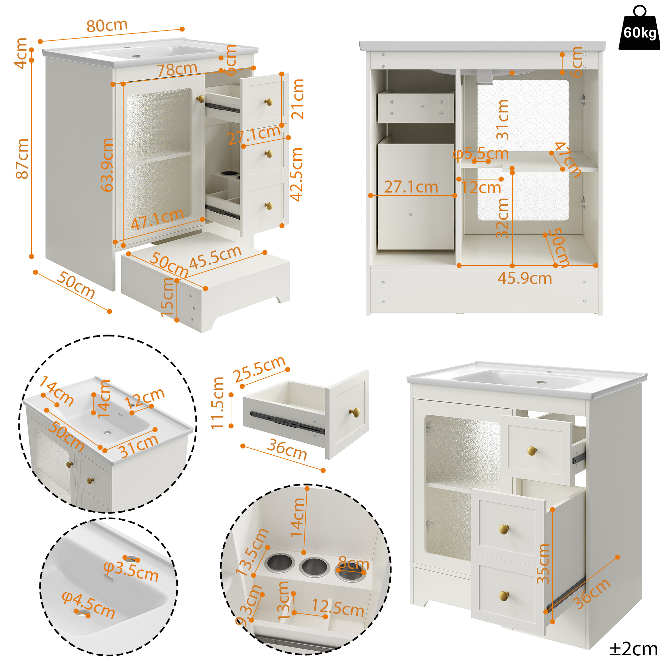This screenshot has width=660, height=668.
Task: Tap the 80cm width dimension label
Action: [x=107, y=25]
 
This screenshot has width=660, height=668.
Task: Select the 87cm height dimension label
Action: [x=22, y=159]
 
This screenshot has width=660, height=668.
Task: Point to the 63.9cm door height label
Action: [x=107, y=165]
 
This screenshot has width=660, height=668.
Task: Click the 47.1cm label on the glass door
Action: [x=157, y=219]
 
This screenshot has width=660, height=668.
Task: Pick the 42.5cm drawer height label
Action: [x=296, y=174]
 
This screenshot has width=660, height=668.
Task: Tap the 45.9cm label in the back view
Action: [x=524, y=278]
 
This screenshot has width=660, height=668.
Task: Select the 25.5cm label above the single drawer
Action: [x=259, y=369]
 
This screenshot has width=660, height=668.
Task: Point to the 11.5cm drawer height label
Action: [x=218, y=403]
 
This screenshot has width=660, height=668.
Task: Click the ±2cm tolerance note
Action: [x=633, y=649]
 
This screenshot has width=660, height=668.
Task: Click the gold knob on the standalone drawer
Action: [x=354, y=412]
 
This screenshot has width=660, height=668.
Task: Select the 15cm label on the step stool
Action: [x=167, y=297]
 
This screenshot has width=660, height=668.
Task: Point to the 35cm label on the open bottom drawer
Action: [x=543, y=563]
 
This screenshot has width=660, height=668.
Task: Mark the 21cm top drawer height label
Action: [x=298, y=99]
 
